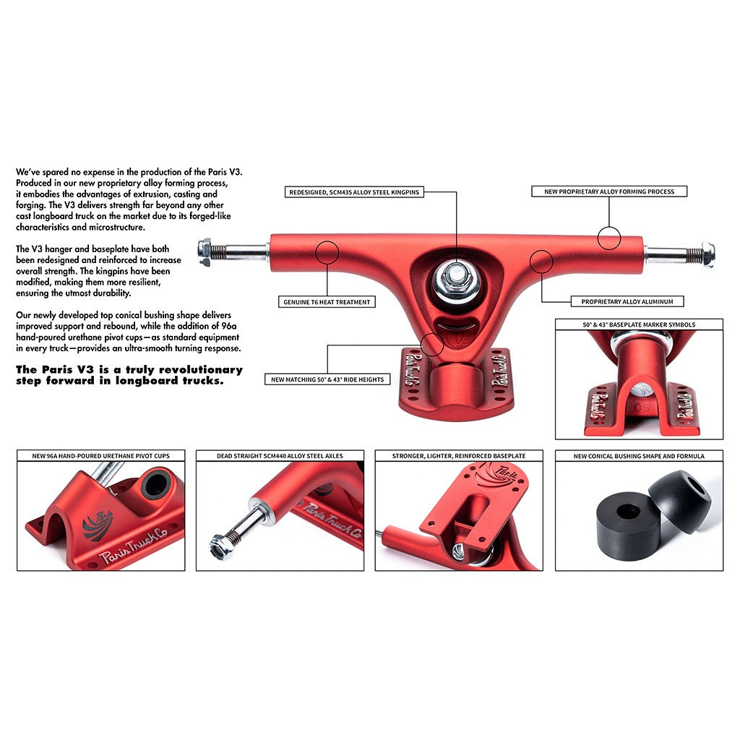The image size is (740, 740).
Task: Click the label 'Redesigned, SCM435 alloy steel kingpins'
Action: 354,192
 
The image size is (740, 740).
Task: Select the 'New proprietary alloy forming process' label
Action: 608,192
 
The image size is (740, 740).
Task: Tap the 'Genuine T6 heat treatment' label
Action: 327,302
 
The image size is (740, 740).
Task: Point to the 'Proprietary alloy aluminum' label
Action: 627,301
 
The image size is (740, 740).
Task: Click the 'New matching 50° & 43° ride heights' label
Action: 327,379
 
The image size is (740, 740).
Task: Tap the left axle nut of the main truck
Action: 205,252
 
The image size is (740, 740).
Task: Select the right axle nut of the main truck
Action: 707,254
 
